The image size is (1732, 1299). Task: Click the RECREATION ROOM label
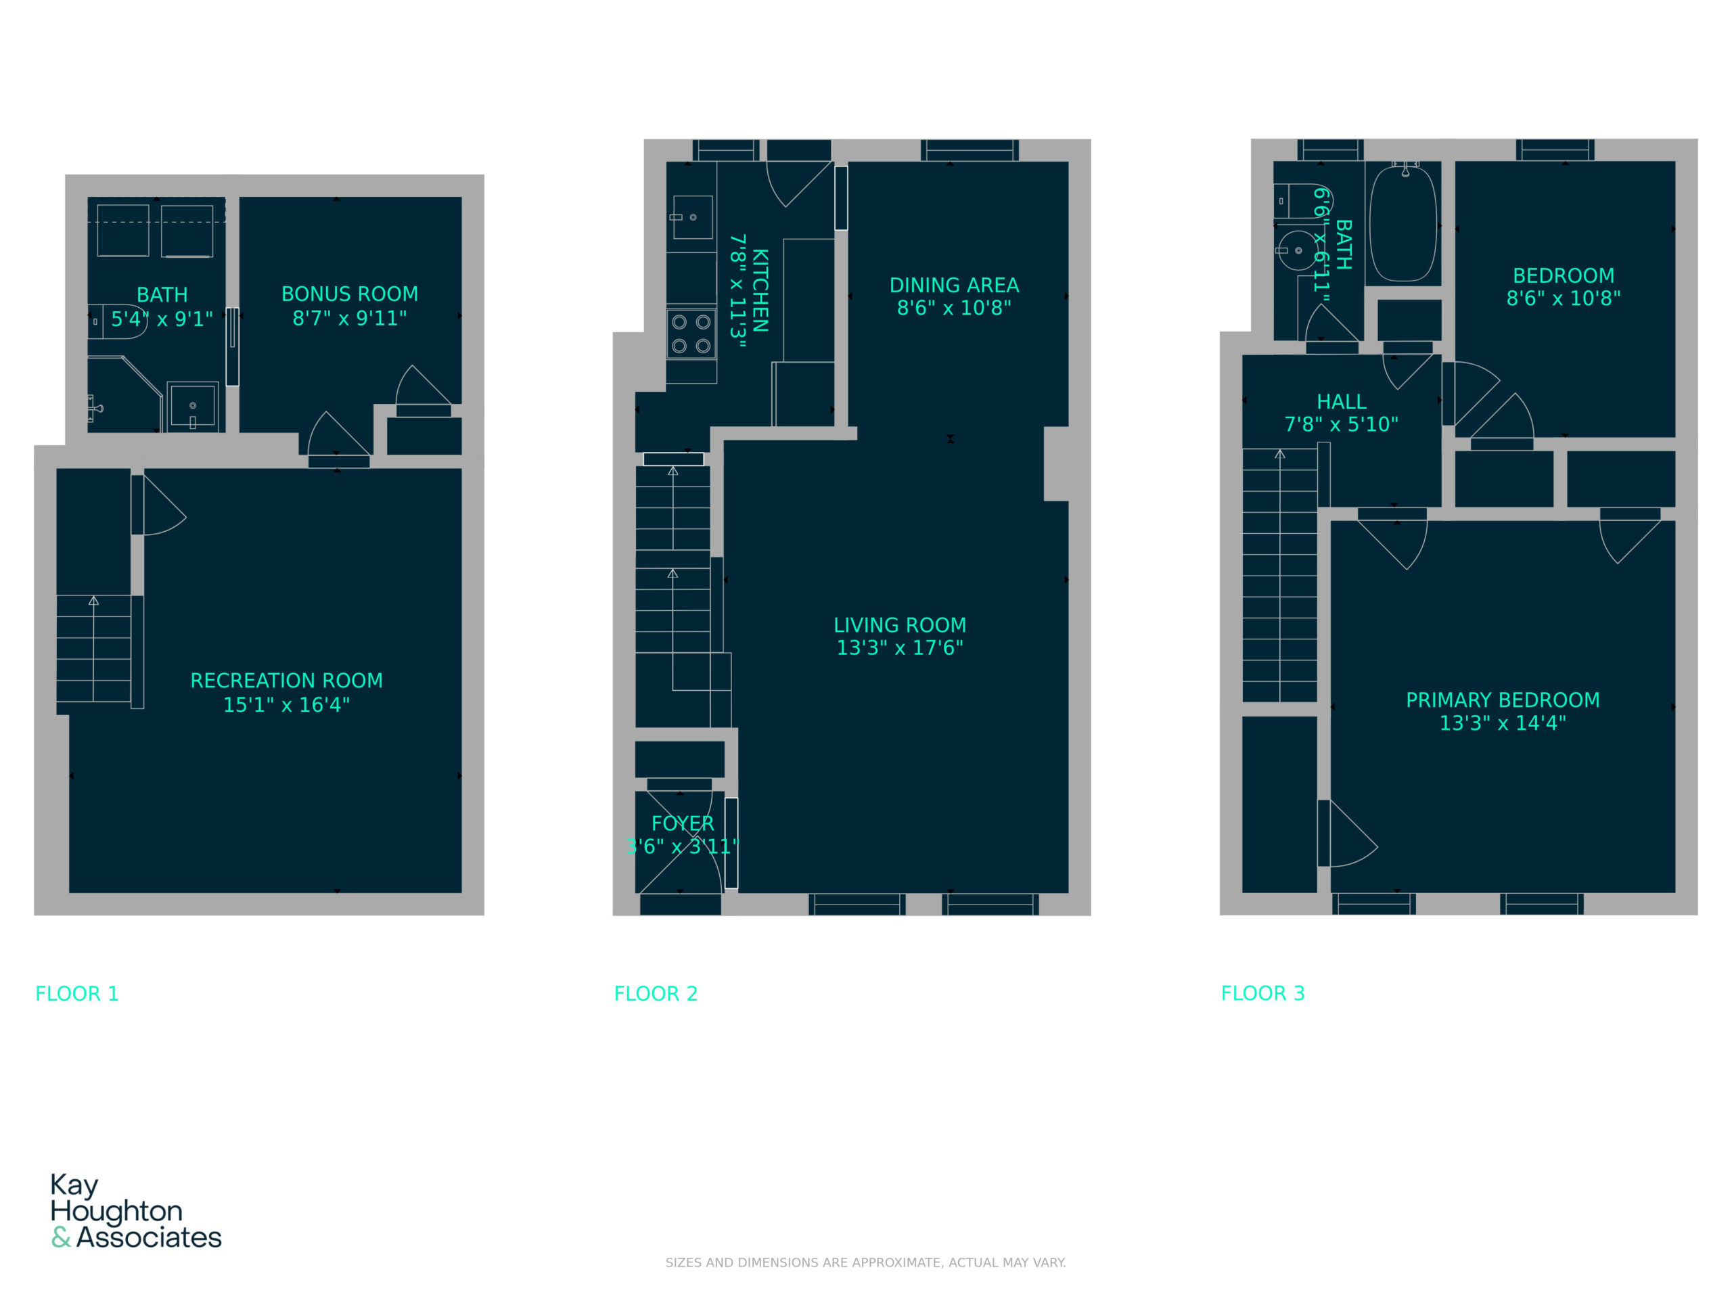(287, 681)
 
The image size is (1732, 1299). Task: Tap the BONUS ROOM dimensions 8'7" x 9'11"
(349, 318)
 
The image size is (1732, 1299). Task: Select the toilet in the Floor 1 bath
(118, 321)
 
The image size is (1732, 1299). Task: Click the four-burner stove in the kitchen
(691, 334)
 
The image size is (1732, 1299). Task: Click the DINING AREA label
(954, 285)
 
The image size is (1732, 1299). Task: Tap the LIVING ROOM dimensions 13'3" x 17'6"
(900, 647)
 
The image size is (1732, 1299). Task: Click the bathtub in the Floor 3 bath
(1403, 223)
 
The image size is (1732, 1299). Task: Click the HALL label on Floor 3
(1341, 402)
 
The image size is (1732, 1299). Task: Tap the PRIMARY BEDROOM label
(1503, 700)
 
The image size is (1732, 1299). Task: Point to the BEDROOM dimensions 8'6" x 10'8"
(1564, 298)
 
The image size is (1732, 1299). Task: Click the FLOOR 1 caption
(76, 994)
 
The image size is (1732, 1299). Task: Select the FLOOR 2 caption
(656, 994)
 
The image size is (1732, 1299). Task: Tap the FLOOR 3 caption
(1263, 993)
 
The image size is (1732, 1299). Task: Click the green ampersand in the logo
(61, 1237)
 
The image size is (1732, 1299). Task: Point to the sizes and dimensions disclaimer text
(865, 1262)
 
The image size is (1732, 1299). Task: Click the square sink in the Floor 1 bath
(193, 407)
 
